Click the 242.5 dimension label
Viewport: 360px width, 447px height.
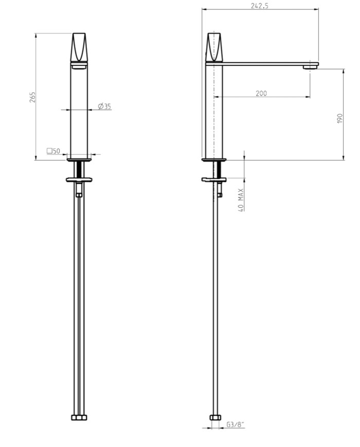click(x=259, y=6)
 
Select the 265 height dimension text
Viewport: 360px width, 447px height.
click(x=33, y=97)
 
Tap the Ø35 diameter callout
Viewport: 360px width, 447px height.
click(x=104, y=106)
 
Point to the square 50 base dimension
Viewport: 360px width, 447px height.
click(x=53, y=151)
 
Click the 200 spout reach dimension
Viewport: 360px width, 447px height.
click(x=261, y=93)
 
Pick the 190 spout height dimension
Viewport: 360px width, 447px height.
click(x=339, y=118)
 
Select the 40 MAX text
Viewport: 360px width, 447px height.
click(x=241, y=200)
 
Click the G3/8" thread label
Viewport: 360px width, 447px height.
click(x=236, y=424)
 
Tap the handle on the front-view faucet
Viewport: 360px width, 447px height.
click(x=79, y=47)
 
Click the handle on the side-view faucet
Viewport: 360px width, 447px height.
click(x=214, y=47)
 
